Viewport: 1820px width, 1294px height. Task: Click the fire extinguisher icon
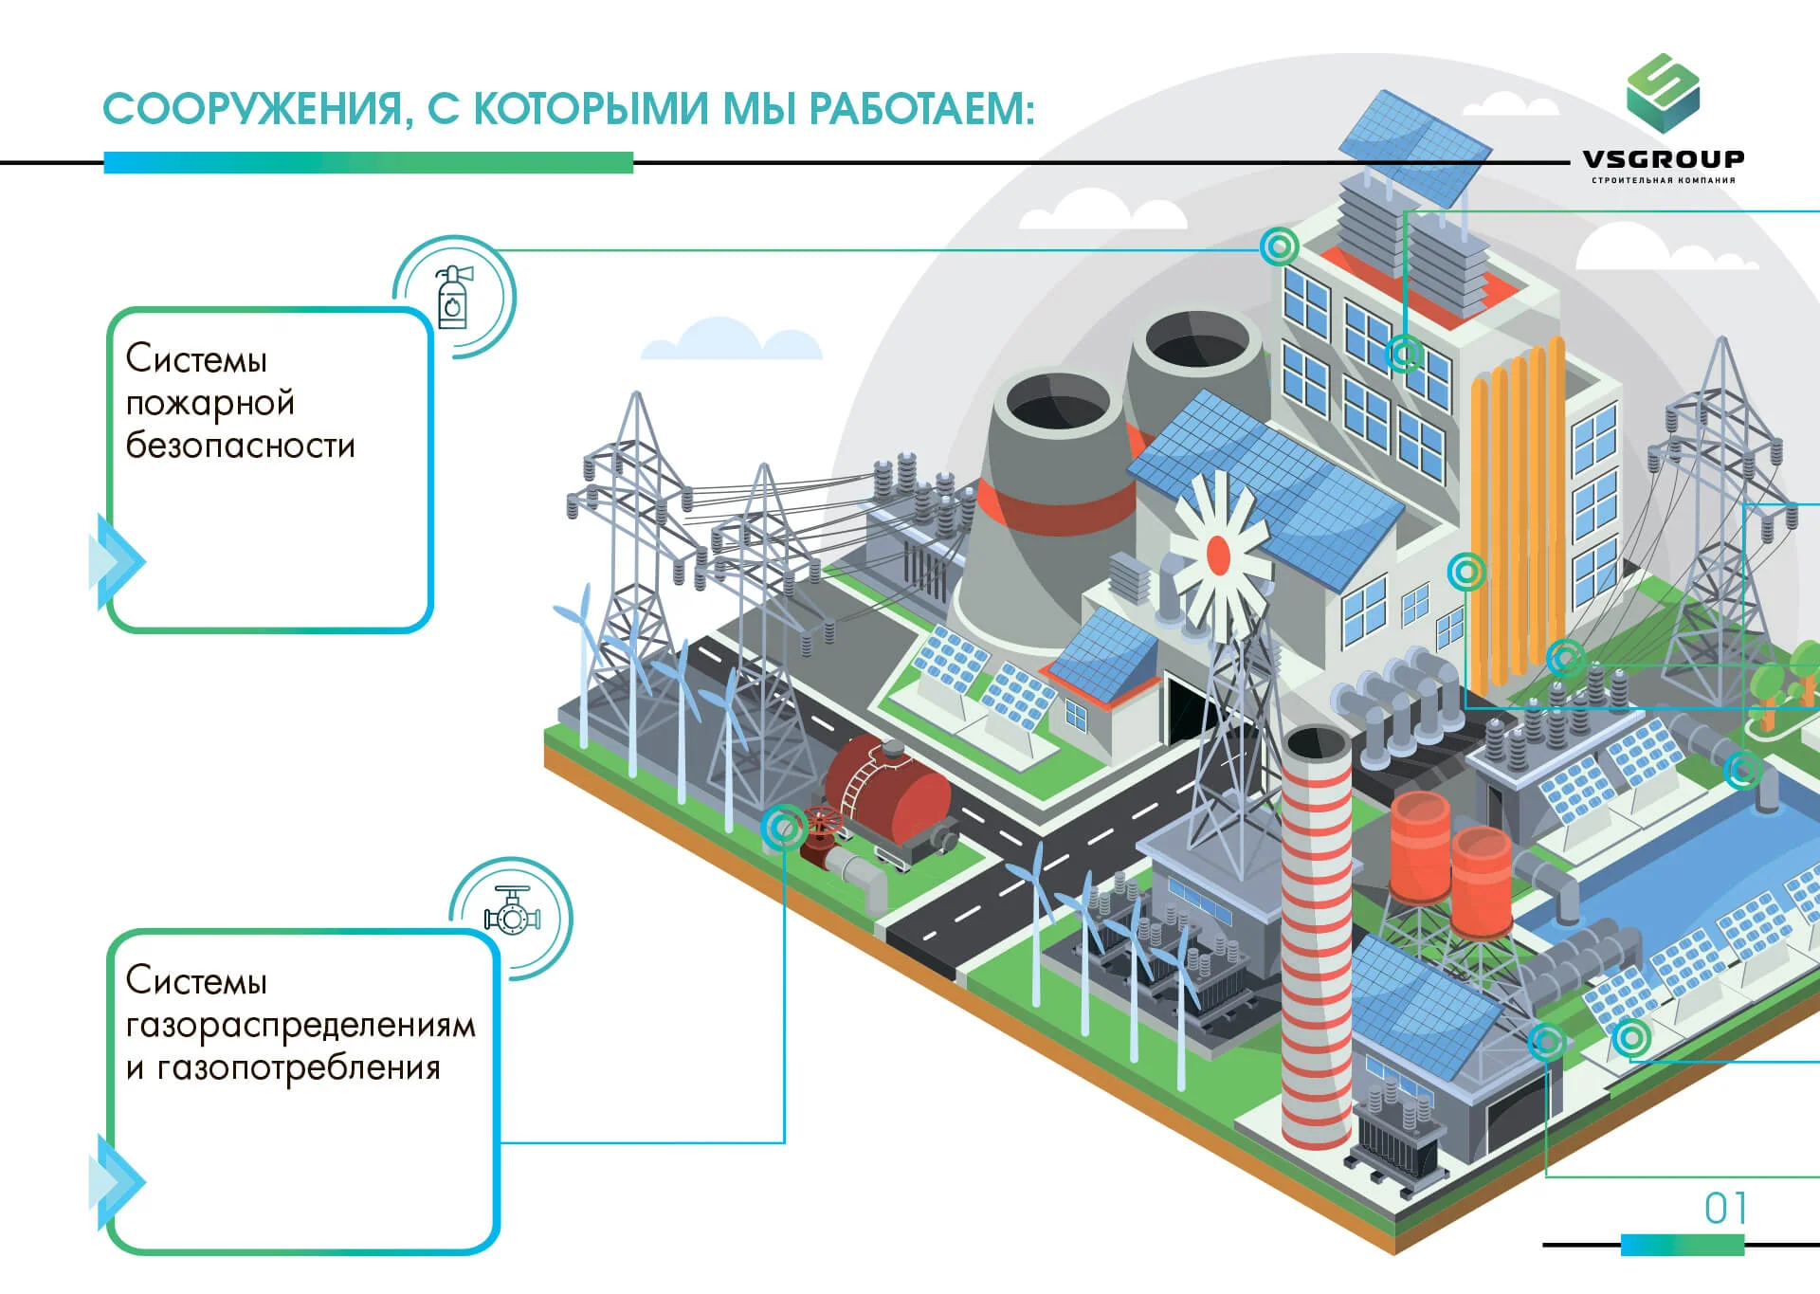[453, 297]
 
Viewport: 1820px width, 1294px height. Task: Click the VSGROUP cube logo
[1663, 93]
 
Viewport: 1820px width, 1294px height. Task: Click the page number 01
[1725, 1209]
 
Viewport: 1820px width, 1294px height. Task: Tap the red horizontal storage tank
[886, 787]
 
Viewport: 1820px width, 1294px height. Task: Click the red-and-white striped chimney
[1316, 939]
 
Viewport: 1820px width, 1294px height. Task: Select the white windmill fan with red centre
[1218, 555]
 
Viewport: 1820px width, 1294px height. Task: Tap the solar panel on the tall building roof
[1414, 147]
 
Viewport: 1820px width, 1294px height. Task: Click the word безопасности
[241, 446]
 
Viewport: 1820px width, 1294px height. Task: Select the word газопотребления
[299, 1068]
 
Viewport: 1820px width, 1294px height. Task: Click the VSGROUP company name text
[1663, 159]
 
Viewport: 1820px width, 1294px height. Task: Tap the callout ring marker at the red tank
[784, 828]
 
